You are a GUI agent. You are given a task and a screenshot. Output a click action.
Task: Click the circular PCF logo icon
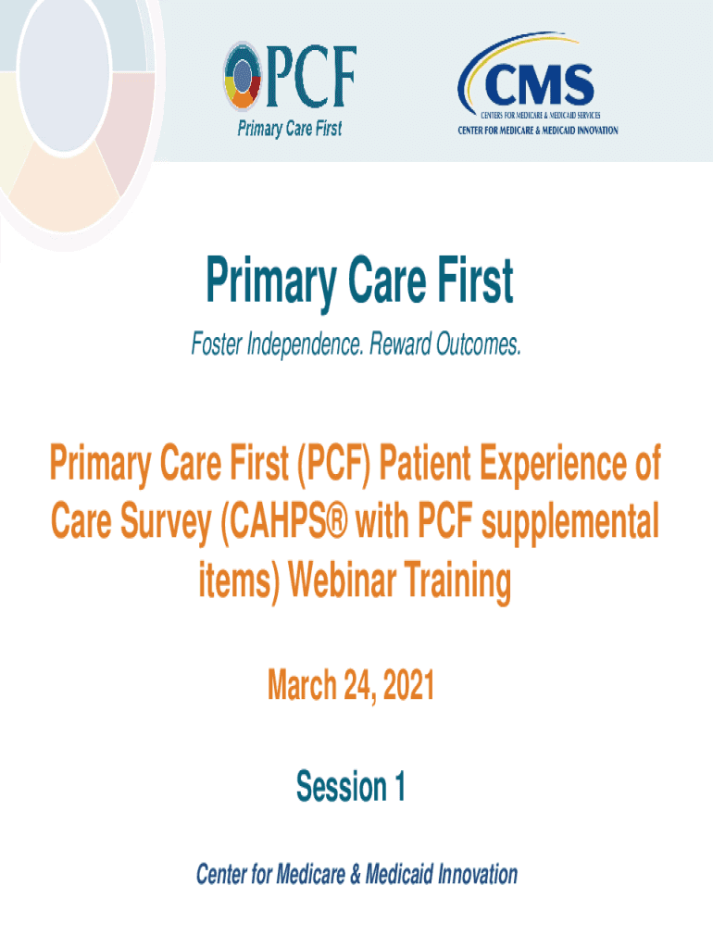pos(243,76)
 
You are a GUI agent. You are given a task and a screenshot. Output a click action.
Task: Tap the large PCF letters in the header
pos(311,77)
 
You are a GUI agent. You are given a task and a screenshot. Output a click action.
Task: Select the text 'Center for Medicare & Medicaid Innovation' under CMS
pos(538,130)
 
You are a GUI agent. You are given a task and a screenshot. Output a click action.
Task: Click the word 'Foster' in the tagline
pos(217,343)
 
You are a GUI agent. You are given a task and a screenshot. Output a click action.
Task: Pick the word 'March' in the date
pos(302,685)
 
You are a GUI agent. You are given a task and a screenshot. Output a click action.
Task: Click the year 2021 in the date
pos(408,685)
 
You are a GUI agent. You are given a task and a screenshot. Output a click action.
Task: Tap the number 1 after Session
pos(400,786)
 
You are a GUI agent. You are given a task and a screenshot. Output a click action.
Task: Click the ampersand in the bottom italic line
pos(356,875)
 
